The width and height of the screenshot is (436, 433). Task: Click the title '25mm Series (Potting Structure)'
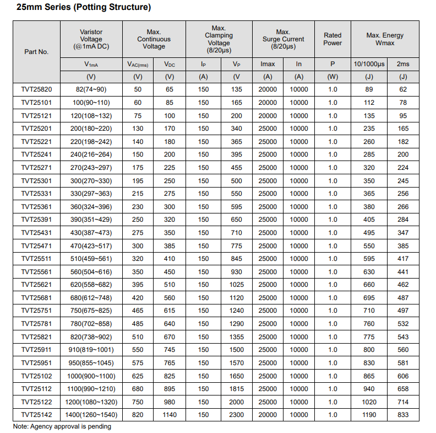[83, 8]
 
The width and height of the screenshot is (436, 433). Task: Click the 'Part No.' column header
[36, 52]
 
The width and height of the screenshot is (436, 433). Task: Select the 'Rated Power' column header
[333, 39]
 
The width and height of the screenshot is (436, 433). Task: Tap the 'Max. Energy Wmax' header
[385, 39]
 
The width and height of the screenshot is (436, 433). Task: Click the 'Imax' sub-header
[268, 64]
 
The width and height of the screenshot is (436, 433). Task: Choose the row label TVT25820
[36, 89]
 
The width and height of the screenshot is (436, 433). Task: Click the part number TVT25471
[36, 245]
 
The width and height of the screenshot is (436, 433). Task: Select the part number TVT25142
[36, 415]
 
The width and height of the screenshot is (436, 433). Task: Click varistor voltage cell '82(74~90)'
[91, 89]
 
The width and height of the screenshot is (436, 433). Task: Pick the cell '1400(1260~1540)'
[91, 415]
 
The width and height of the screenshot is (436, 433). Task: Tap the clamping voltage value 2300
[236, 415]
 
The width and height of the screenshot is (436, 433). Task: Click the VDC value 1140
[170, 415]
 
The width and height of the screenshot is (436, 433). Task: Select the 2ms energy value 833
[403, 415]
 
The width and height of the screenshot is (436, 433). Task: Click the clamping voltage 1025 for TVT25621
[236, 285]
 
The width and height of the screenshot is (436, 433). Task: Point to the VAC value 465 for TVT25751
[138, 311]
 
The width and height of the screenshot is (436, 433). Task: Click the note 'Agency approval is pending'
[62, 426]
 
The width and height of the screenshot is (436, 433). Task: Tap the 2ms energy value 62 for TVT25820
[403, 89]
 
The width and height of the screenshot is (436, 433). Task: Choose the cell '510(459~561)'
[91, 259]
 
